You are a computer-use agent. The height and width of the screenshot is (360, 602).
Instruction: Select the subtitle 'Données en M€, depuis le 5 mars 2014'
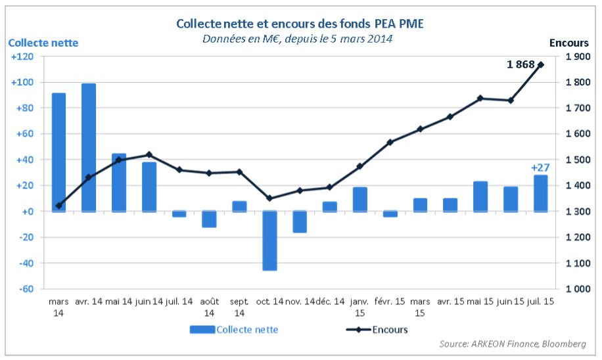[x=298, y=38]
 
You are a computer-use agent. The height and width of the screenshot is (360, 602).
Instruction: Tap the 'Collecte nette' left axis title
[x=43, y=43]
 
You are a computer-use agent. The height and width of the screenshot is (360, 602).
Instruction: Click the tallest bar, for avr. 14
[x=89, y=147]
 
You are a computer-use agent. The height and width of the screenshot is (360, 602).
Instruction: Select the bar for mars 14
[x=58, y=152]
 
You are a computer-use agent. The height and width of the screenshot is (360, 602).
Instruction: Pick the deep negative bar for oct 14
[x=269, y=240]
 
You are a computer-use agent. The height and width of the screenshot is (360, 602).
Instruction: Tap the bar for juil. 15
[x=541, y=193]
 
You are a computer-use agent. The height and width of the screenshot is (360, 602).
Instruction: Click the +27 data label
[x=540, y=168]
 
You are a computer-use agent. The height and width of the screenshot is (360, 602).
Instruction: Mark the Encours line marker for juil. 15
[x=541, y=64]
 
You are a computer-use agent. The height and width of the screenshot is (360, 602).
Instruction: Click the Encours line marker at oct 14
[x=269, y=198]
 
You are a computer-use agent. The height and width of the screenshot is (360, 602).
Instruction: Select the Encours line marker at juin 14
[x=149, y=154]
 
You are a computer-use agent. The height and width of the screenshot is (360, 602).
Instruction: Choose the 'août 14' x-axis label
[x=209, y=307]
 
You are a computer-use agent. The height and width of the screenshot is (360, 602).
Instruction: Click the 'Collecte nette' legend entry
[x=234, y=330]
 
